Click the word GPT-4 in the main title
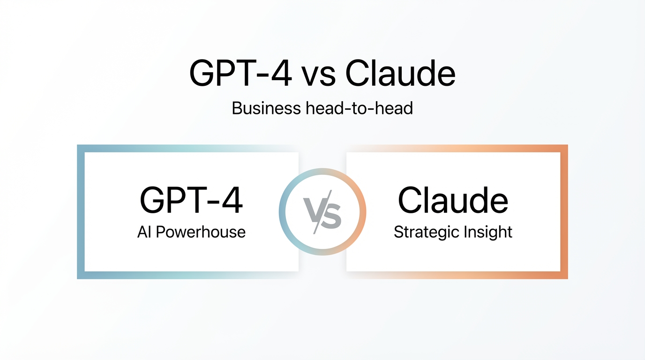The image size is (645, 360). [240, 74]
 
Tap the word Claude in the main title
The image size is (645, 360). [400, 74]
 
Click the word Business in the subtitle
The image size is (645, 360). [266, 109]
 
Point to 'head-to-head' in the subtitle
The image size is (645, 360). [359, 109]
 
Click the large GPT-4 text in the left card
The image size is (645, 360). [191, 201]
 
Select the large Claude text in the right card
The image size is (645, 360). [453, 201]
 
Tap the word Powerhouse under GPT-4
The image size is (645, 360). [201, 232]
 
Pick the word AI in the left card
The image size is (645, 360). [144, 232]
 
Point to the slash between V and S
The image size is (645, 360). [322, 212]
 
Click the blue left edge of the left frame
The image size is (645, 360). [81, 212]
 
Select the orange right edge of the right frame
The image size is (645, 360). [564, 212]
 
